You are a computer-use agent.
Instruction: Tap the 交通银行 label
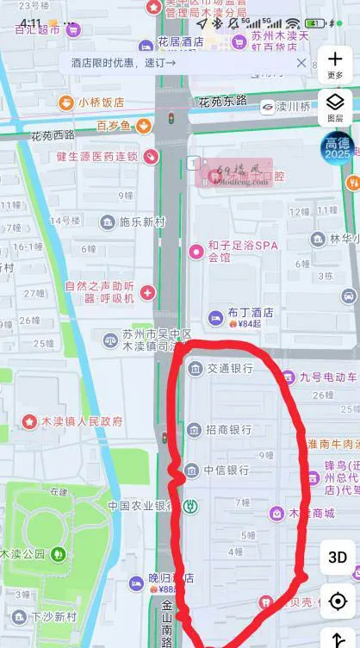(230, 368)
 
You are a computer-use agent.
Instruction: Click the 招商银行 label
(230, 429)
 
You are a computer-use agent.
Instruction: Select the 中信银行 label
(227, 470)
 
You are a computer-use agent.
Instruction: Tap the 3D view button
(338, 558)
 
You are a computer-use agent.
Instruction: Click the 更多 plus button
(335, 62)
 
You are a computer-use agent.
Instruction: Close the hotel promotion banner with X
(301, 63)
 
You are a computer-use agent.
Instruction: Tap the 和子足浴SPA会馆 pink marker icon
(196, 252)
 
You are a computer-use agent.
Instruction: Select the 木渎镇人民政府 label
(82, 422)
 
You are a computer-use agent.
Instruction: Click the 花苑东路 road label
(222, 102)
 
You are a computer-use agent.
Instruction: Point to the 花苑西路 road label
(53, 135)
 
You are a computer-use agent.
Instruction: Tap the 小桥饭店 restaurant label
(101, 103)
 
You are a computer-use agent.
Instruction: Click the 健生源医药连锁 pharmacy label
(96, 156)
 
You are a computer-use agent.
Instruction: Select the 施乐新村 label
(141, 222)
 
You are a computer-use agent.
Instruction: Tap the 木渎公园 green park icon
(59, 553)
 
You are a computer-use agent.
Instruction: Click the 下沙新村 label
(53, 617)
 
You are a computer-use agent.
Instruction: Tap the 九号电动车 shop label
(327, 377)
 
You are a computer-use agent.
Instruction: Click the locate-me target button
(338, 601)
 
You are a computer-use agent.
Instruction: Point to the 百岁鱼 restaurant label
(113, 126)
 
